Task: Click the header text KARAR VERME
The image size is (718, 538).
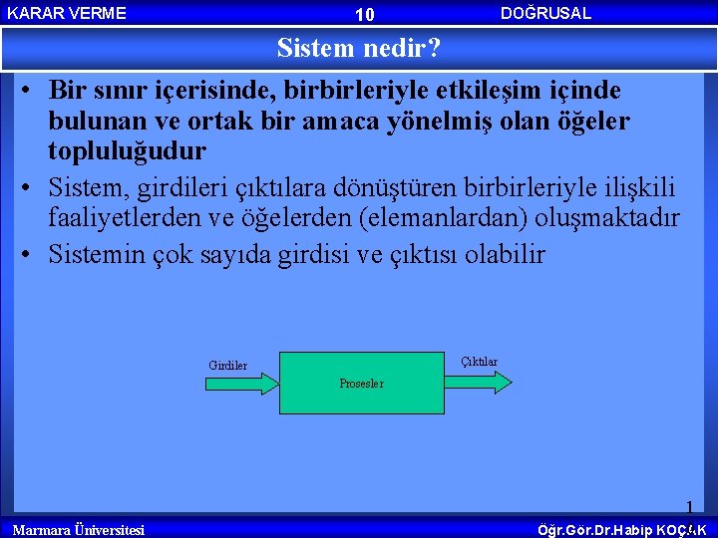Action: click(x=67, y=13)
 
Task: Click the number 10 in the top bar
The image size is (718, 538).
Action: click(x=364, y=14)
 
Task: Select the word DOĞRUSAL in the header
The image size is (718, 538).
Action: click(x=545, y=13)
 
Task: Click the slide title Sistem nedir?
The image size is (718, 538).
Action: click(x=359, y=48)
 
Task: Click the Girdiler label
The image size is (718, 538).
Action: click(x=227, y=366)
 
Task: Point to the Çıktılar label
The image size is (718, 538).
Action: click(x=479, y=362)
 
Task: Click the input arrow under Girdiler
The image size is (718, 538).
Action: click(x=240, y=384)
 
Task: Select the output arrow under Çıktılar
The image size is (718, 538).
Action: click(x=479, y=382)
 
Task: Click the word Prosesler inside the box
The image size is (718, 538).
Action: click(x=361, y=384)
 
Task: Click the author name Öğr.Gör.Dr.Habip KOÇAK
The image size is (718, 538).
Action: click(x=621, y=529)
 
